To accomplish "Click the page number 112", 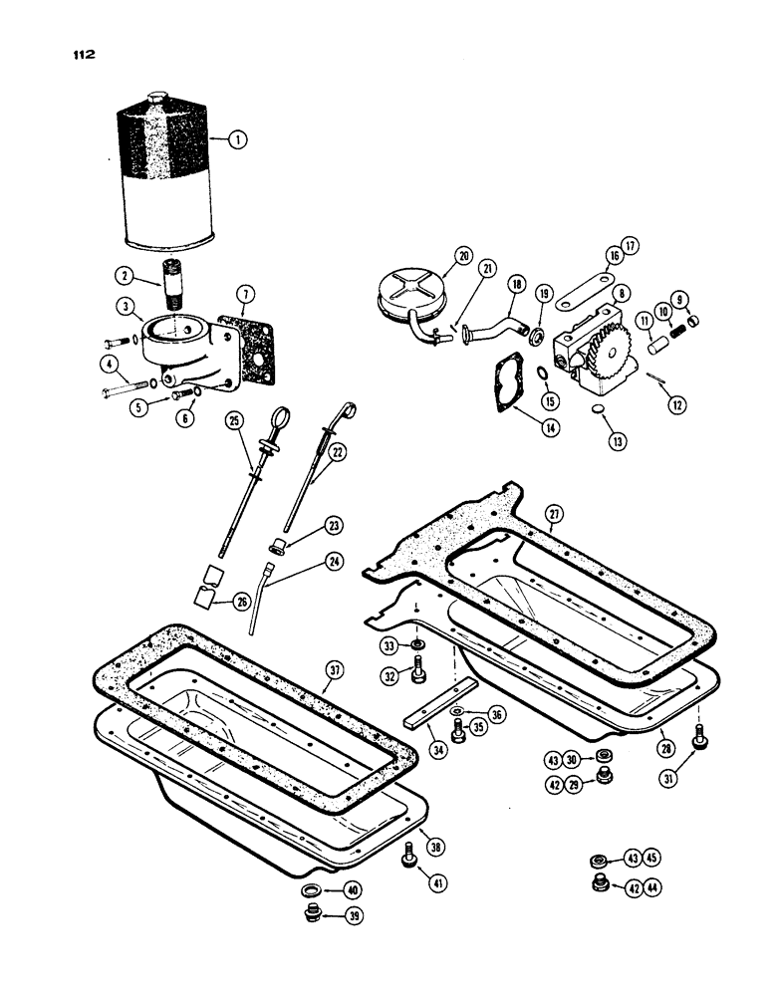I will click(x=71, y=56).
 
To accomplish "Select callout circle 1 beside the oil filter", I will click(x=235, y=140).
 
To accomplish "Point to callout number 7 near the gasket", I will click(x=246, y=293).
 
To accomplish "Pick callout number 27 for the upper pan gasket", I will click(x=553, y=513).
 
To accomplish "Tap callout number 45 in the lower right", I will click(x=652, y=859).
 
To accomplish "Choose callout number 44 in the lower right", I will click(x=652, y=886).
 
